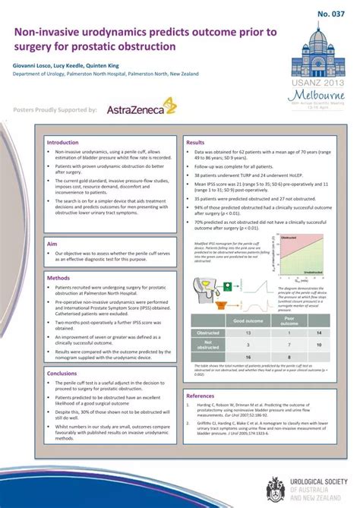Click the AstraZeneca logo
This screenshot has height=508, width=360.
142,109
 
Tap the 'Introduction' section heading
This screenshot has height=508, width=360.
62,142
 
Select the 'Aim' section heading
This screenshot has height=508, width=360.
52,245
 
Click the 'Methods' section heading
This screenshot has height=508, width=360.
58,278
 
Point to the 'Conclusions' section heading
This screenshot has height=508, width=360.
62,373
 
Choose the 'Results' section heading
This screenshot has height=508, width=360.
195,142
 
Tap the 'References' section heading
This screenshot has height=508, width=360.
201,396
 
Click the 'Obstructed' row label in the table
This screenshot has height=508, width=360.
208,333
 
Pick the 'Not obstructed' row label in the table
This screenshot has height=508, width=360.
208,345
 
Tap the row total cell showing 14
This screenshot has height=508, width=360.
319,333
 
